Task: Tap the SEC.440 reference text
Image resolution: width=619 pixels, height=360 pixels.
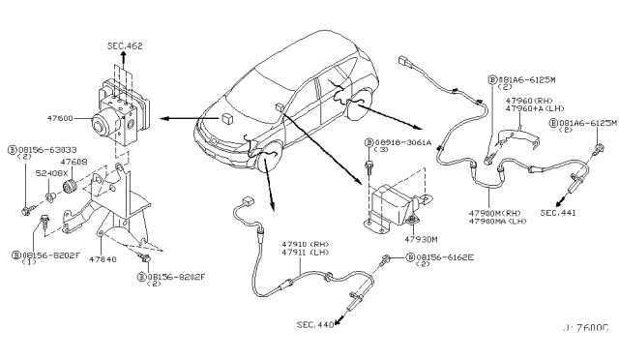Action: pyautogui.click(x=313, y=326)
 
